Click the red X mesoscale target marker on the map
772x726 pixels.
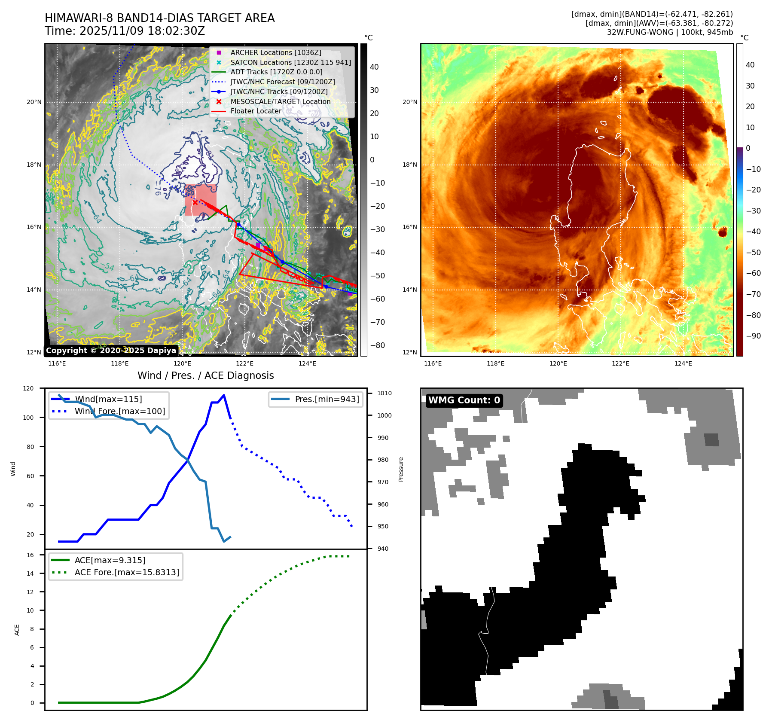[x=195, y=202]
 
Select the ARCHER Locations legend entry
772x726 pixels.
[x=275, y=52]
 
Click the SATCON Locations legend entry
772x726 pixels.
[x=290, y=62]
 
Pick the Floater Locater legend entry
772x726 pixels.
[x=256, y=111]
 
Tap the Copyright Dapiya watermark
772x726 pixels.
[x=111, y=350]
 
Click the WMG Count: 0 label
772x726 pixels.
[x=464, y=400]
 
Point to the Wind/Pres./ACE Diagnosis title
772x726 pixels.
[x=205, y=375]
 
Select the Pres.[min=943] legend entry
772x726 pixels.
[x=326, y=399]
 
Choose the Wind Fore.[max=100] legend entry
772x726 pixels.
[x=119, y=411]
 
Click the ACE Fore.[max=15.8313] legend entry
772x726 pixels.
[x=127, y=572]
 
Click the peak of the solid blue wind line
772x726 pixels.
[x=224, y=395]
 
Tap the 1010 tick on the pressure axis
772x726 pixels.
[x=384, y=393]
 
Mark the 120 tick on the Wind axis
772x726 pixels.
[x=28, y=388]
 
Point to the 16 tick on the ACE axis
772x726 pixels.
[x=30, y=555]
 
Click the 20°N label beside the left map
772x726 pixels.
[x=34, y=102]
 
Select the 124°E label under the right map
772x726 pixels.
[x=683, y=363]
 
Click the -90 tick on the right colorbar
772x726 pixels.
[x=753, y=336]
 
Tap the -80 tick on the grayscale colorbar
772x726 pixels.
[x=377, y=345]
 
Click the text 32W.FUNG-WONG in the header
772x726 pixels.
[x=640, y=32]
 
